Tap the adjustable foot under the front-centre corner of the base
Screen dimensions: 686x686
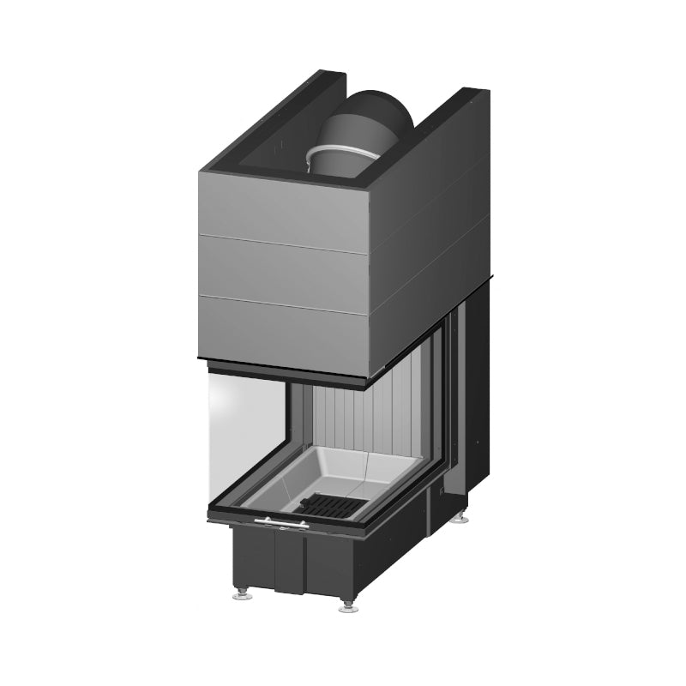347,605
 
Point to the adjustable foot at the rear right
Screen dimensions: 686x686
463,517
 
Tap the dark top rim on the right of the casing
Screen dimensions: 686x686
446,120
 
